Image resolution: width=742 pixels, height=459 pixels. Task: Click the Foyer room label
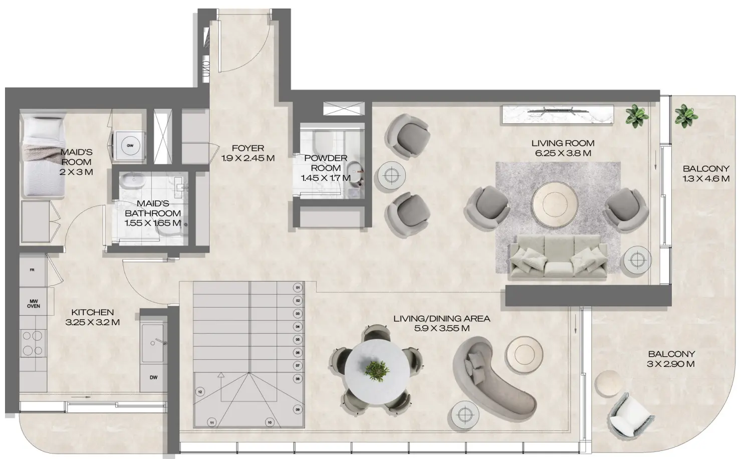[x=248, y=148]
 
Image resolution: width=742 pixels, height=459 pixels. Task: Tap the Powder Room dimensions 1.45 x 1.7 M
[x=326, y=178]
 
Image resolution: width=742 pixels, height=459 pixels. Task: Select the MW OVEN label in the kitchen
[x=34, y=303]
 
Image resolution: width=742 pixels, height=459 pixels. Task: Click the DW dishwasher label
[x=153, y=377]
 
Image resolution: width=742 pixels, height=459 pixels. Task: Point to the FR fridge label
[x=32, y=270]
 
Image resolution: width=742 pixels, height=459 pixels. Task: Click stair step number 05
[x=298, y=340]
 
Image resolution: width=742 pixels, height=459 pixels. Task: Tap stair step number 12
[x=199, y=392]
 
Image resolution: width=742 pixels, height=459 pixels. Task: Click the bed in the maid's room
[x=44, y=155]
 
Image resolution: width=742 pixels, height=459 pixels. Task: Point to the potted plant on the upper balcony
[x=685, y=116]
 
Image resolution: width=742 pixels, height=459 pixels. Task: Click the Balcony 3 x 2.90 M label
[x=670, y=359]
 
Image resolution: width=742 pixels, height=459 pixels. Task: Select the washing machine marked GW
[x=130, y=145]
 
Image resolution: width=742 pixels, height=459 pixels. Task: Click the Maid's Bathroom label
[x=152, y=213]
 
